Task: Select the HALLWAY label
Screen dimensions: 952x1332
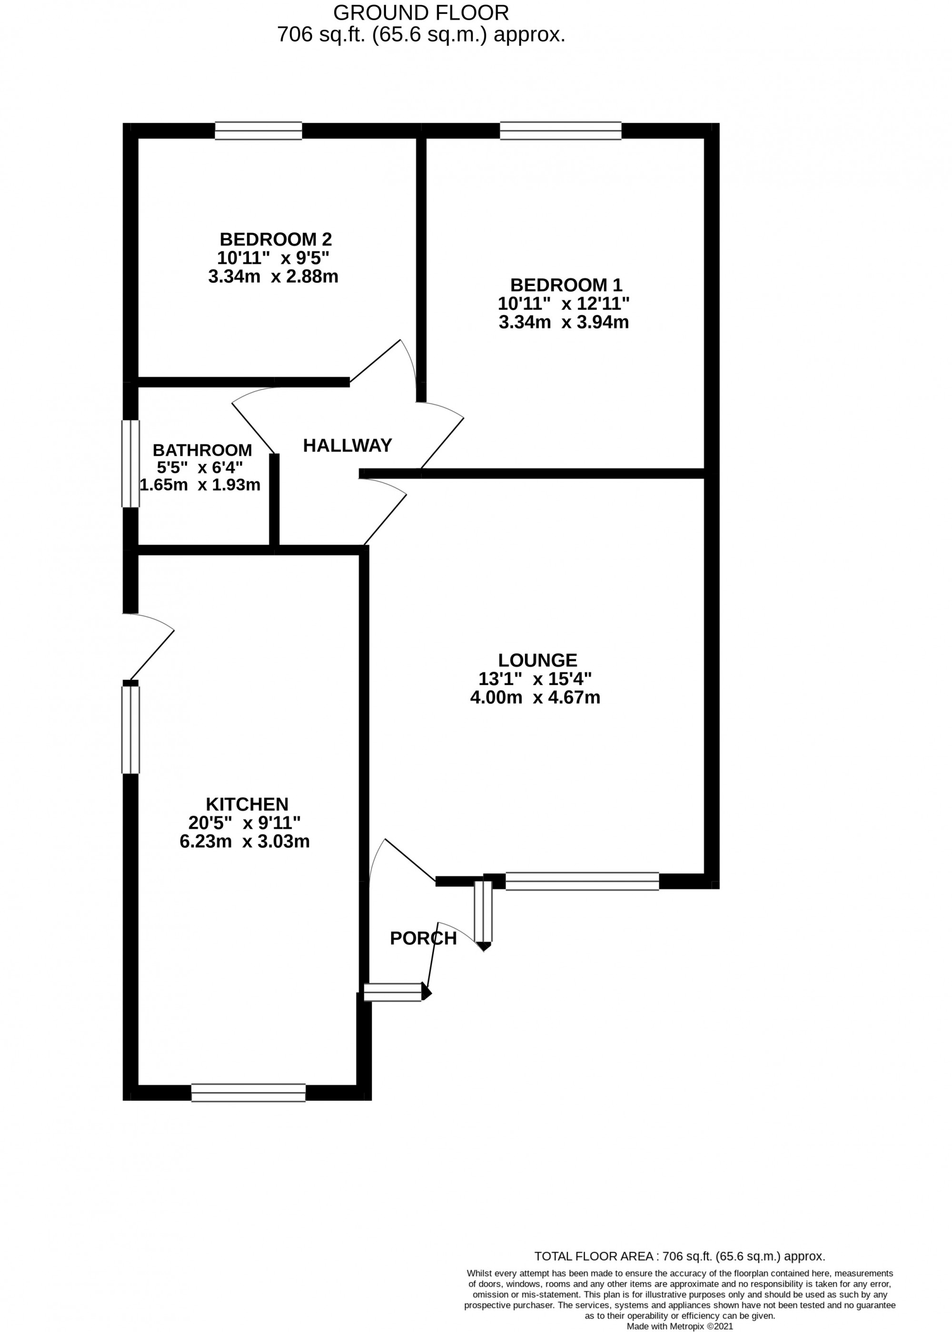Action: (x=347, y=445)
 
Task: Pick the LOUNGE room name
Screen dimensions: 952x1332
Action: (x=537, y=660)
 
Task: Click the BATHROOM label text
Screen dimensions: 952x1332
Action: (x=202, y=450)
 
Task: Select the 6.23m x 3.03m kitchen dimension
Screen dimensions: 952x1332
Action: (x=245, y=841)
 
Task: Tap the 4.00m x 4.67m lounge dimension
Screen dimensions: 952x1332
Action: (x=535, y=697)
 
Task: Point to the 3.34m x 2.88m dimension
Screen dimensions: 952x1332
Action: (x=273, y=276)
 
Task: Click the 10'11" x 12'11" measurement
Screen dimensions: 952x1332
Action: (x=563, y=304)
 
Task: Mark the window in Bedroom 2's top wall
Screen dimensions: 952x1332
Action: (x=258, y=131)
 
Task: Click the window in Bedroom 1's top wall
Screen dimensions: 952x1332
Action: (x=560, y=131)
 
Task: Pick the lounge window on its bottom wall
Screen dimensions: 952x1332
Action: (x=582, y=881)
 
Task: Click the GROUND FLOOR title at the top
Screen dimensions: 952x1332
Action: (x=421, y=12)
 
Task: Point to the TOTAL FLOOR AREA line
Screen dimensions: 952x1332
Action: (x=679, y=1256)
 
